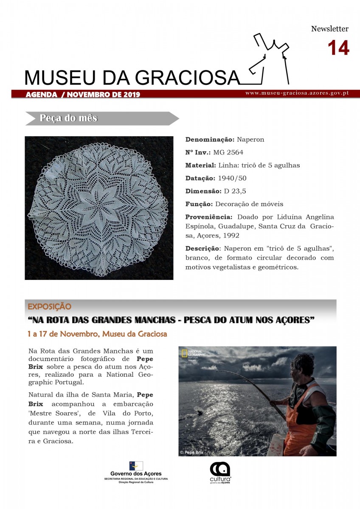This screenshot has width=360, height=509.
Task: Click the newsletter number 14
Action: (x=338, y=48)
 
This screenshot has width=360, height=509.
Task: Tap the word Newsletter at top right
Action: (x=329, y=29)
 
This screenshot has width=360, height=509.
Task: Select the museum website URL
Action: (x=297, y=92)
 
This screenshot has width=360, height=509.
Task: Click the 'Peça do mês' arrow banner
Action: (x=102, y=118)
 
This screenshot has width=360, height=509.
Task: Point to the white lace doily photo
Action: (x=99, y=208)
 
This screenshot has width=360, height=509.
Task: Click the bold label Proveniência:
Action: (x=208, y=217)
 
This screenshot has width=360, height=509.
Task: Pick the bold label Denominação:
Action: (x=210, y=139)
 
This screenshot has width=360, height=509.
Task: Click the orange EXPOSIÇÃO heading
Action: (x=49, y=306)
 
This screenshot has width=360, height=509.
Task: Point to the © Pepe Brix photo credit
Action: (x=191, y=452)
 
